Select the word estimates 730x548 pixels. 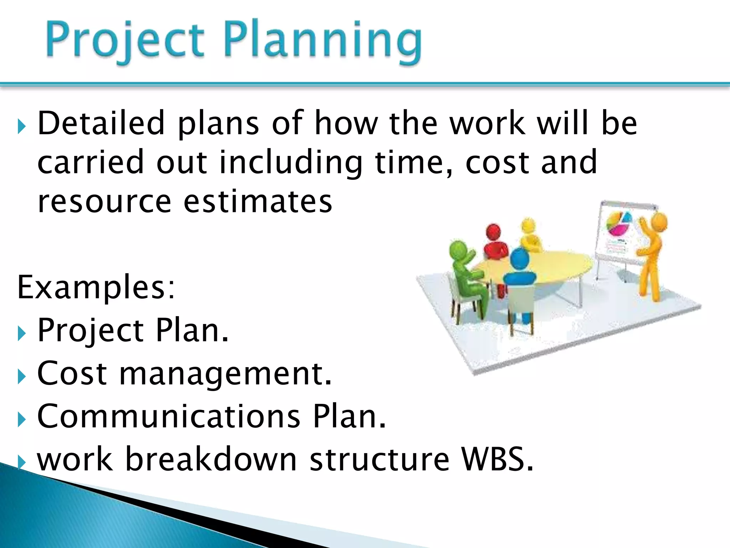coord(258,202)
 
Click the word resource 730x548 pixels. coord(104,202)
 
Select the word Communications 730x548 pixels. coord(169,416)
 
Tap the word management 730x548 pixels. coord(225,374)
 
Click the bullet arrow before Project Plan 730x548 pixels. coord(22,334)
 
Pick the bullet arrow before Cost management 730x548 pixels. coord(22,376)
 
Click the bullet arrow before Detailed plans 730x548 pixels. coord(22,127)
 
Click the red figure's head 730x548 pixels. coord(494,232)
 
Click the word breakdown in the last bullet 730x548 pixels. coord(211,459)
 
